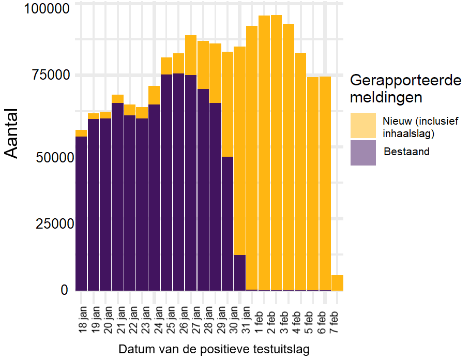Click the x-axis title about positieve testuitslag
click(x=214, y=349)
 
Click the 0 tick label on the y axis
click(x=64, y=290)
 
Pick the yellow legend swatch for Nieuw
click(x=363, y=126)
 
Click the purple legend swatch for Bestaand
click(x=363, y=153)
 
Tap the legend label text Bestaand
click(x=406, y=152)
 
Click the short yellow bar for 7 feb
click(x=337, y=283)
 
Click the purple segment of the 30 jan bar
click(x=239, y=273)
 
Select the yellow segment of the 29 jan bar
click(x=228, y=103)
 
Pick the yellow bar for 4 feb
click(x=301, y=171)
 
